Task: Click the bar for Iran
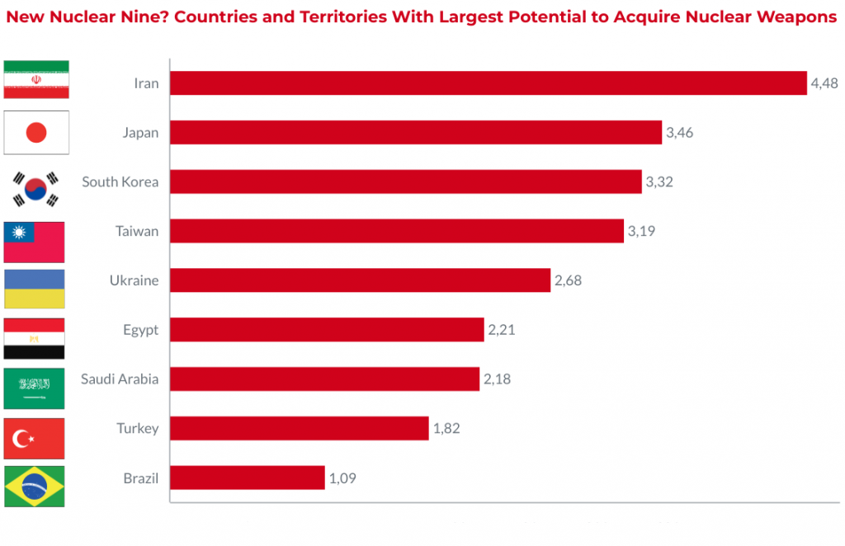click(488, 83)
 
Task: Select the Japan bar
click(416, 133)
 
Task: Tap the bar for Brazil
click(248, 478)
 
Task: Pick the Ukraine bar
click(360, 280)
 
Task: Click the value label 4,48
click(824, 83)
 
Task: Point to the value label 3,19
click(641, 231)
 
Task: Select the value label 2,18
click(497, 379)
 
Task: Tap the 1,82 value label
click(446, 429)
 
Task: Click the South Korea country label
click(120, 181)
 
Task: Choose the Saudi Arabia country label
click(120, 379)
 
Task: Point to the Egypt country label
click(140, 330)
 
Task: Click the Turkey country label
click(138, 429)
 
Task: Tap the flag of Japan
click(36, 133)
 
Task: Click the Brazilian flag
click(35, 487)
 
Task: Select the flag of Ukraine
click(35, 289)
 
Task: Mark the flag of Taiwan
click(35, 241)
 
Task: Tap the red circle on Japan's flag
click(36, 133)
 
